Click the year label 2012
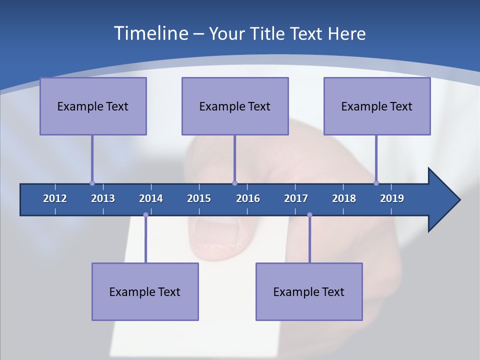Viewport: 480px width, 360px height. (x=55, y=198)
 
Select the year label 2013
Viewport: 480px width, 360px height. (x=103, y=198)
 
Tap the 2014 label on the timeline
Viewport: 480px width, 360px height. (x=151, y=198)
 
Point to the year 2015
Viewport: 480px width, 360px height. (x=199, y=198)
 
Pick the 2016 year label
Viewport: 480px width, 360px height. (x=248, y=198)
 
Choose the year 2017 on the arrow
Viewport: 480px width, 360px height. (x=296, y=198)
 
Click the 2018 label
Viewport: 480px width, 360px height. (x=344, y=198)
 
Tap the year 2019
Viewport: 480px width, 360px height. (x=392, y=198)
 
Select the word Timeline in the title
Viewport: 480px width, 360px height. (x=150, y=33)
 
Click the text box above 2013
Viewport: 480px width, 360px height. (x=93, y=106)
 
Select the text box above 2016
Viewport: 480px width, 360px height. (x=235, y=106)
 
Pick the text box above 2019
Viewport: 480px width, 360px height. (x=377, y=106)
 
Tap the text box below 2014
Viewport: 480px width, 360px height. (x=145, y=291)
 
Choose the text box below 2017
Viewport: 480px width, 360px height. (x=309, y=291)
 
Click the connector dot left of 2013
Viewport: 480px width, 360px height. (x=92, y=183)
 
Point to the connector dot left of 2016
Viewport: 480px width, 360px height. (x=235, y=183)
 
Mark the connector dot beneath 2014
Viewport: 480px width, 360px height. (x=145, y=215)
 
